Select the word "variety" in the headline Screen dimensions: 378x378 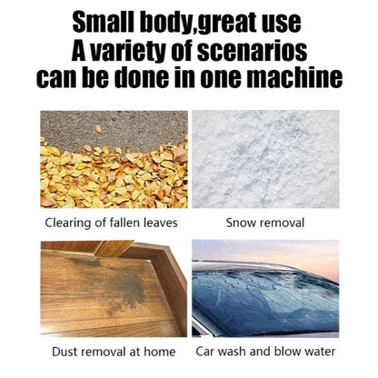pyautogui.click(x=127, y=52)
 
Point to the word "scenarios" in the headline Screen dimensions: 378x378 pyautogui.click(x=253, y=51)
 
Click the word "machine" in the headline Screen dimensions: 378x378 pyautogui.click(x=294, y=77)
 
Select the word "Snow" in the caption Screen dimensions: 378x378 pyautogui.click(x=240, y=223)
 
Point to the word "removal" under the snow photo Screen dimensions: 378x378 pyautogui.click(x=282, y=223)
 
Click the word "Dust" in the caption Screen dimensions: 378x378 pyautogui.click(x=65, y=352)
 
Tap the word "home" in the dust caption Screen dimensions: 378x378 pyautogui.click(x=160, y=352)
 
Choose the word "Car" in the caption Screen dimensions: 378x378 pyautogui.click(x=205, y=352)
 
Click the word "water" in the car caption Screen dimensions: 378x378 pyautogui.click(x=320, y=352)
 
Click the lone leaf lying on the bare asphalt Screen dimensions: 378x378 pyautogui.click(x=98, y=129)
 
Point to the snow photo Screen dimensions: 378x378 pyautogui.click(x=265, y=159)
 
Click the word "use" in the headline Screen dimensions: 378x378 pyautogui.click(x=282, y=24)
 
